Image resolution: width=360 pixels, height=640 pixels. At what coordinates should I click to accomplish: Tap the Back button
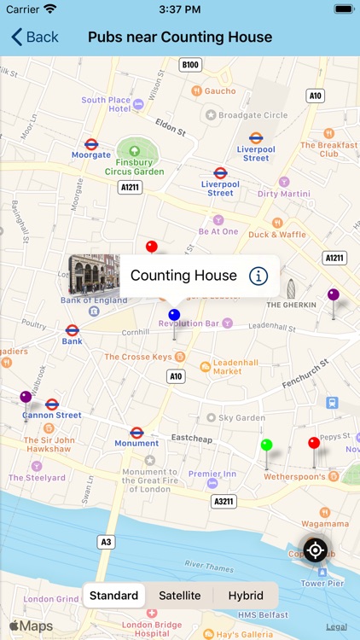[x=35, y=37]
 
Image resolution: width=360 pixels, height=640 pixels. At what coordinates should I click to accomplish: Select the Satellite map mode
[x=180, y=596]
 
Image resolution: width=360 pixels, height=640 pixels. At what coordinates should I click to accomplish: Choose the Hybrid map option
[x=246, y=596]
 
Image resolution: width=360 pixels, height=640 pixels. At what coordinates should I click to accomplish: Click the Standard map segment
[x=114, y=596]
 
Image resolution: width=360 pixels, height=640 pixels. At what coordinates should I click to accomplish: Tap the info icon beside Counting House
[x=258, y=276]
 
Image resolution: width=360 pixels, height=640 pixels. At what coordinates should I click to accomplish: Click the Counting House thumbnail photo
[x=94, y=275]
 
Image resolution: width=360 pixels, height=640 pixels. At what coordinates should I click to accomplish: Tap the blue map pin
[x=174, y=315]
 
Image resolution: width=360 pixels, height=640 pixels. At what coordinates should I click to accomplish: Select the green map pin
[x=266, y=445]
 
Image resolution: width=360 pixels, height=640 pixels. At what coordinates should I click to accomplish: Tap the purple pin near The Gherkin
[x=334, y=295]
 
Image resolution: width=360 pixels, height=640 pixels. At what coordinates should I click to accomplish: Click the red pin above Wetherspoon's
[x=314, y=444]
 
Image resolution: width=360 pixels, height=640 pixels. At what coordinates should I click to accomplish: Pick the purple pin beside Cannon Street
[x=26, y=397]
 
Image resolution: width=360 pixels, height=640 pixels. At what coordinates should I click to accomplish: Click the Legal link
[x=336, y=627]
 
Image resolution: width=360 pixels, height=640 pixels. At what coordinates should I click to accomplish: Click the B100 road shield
[x=190, y=65]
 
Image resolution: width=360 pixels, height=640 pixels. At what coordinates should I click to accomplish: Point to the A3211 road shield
[x=224, y=501]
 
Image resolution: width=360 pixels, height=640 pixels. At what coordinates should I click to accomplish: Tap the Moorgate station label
[x=91, y=154]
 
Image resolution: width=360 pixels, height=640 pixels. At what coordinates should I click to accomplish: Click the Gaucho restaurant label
[x=218, y=90]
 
